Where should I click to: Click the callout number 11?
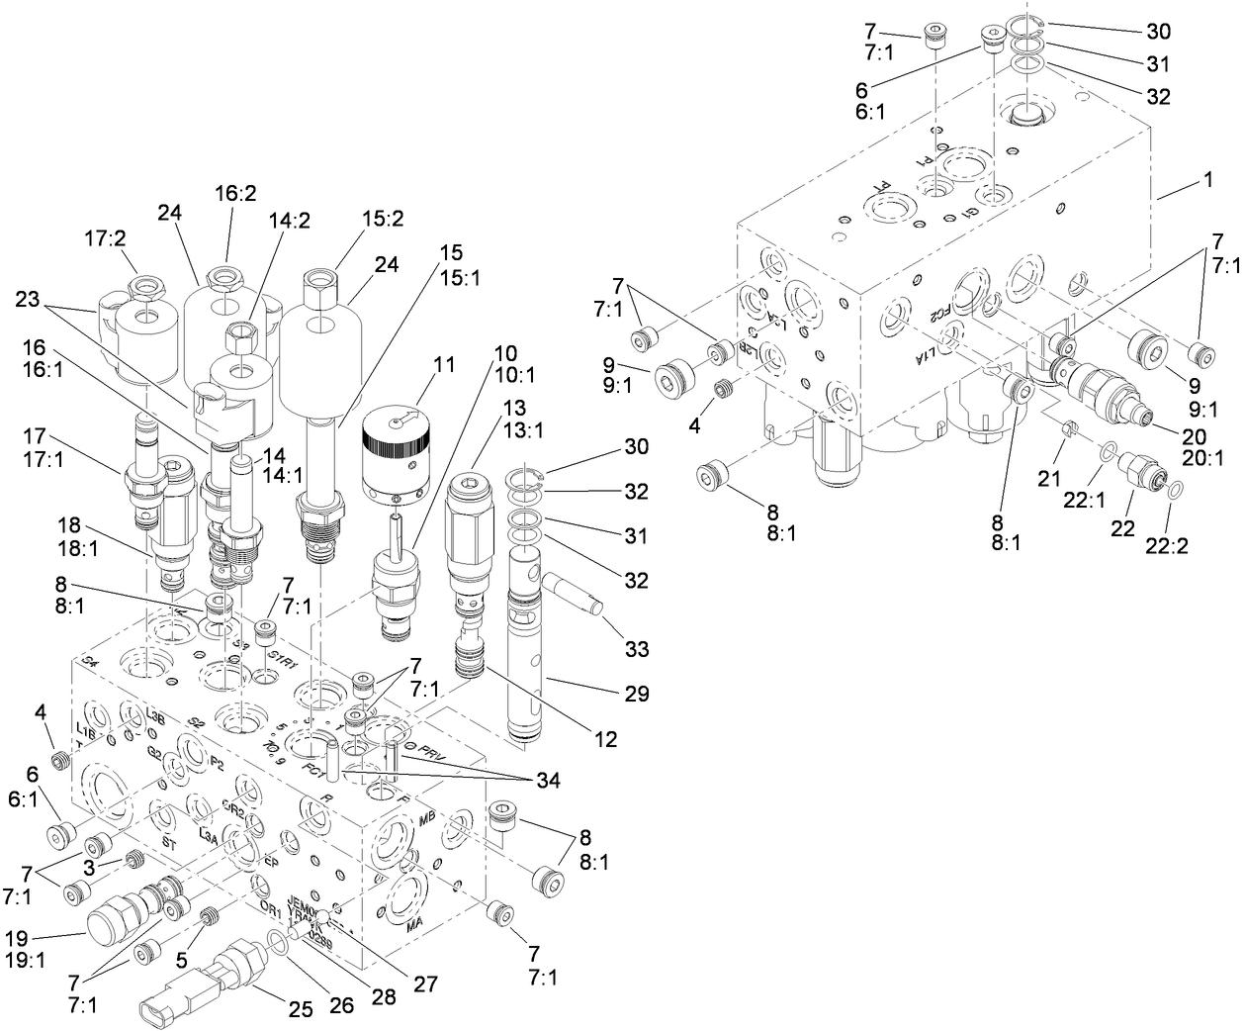[x=444, y=364]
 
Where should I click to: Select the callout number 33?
[x=637, y=649]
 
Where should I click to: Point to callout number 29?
[x=637, y=694]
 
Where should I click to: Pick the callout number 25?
[x=301, y=1009]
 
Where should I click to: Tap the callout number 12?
[x=605, y=738]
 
